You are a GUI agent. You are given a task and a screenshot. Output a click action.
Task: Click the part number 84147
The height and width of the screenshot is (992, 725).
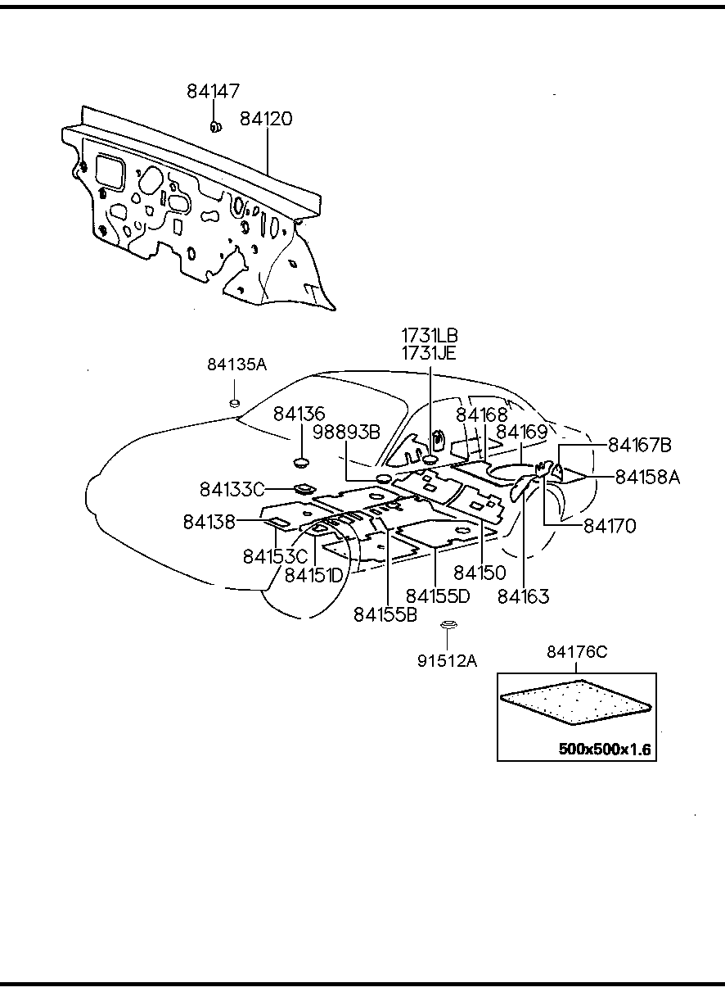tap(213, 91)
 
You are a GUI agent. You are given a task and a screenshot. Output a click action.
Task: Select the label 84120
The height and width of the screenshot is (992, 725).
tap(266, 119)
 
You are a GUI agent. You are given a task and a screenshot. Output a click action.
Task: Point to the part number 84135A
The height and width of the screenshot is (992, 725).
tap(236, 365)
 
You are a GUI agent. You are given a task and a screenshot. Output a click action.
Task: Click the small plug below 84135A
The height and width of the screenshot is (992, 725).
tap(234, 401)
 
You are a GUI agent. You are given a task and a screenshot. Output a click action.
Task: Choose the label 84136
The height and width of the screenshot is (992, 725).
tap(299, 414)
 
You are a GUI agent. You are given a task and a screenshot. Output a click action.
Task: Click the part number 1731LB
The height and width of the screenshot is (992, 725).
tap(430, 335)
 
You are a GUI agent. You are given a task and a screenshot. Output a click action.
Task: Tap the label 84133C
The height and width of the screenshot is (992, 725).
tap(232, 489)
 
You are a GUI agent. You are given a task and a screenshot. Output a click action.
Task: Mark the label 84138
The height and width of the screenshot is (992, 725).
tap(209, 521)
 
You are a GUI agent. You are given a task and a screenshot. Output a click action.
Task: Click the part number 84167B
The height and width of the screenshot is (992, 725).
tap(639, 445)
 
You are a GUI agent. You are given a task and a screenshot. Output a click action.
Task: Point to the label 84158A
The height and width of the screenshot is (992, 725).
tap(647, 476)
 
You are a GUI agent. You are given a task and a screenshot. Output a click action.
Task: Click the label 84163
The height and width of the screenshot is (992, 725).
tap(523, 596)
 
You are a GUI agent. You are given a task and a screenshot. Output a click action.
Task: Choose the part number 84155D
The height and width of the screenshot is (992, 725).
tap(438, 596)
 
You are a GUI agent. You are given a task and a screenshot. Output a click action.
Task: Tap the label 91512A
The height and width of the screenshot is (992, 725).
tap(447, 659)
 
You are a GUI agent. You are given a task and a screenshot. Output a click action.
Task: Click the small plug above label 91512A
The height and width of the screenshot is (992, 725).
tap(447, 627)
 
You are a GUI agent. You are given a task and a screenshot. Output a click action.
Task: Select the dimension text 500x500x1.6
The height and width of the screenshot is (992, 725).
tap(606, 749)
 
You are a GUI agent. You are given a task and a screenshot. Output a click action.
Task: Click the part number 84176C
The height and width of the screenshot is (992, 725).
tap(577, 652)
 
